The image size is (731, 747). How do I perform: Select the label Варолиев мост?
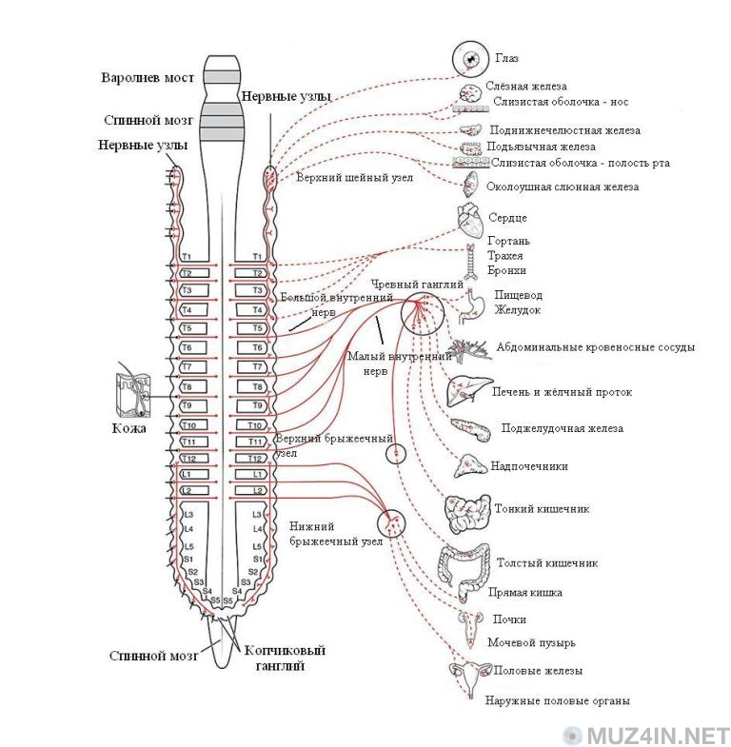[x=148, y=77]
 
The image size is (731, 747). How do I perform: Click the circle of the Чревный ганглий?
[x=420, y=313]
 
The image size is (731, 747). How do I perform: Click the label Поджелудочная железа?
[x=562, y=428]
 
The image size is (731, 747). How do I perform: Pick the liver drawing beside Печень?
[x=465, y=389]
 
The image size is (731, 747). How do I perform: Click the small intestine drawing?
[x=466, y=513]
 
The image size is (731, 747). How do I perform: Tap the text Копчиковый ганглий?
[x=285, y=659]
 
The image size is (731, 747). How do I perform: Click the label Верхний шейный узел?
[x=353, y=178]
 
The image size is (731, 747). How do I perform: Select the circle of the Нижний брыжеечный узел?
[x=392, y=521]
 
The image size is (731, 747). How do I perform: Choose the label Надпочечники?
[x=528, y=466]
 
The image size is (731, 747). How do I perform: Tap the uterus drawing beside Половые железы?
[x=468, y=674]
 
